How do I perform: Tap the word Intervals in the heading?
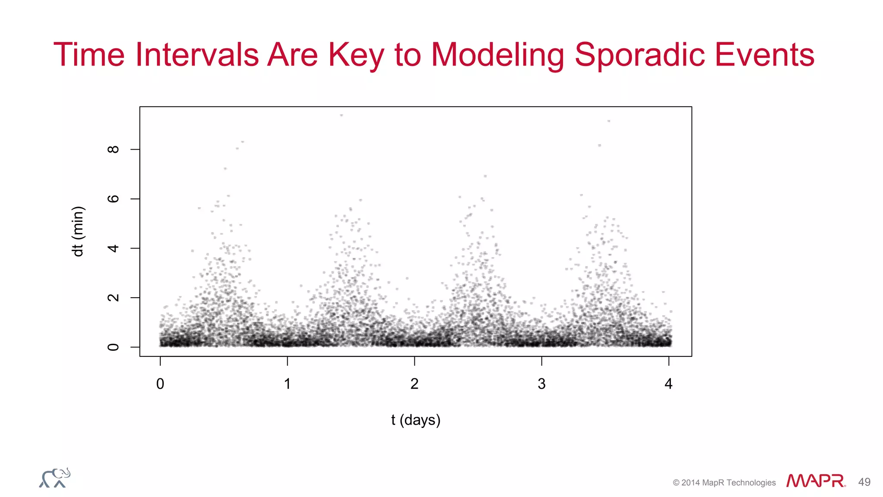coord(197,55)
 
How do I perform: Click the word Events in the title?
coord(764,55)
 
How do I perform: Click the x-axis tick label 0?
coord(160,384)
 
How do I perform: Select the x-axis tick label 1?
coord(287,384)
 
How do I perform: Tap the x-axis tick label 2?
coord(414,384)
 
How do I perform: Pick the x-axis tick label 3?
coord(542,384)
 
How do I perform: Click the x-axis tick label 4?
coord(668,384)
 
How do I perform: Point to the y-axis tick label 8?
coord(113,149)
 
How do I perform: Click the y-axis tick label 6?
coord(113,199)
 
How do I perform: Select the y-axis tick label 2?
coord(113,298)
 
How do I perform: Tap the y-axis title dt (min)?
coord(78,232)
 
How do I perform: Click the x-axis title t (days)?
coord(416,420)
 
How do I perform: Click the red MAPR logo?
coord(815,481)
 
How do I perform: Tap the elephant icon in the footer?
coord(55,478)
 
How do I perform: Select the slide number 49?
coord(864,482)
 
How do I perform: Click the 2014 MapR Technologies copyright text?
coord(724,483)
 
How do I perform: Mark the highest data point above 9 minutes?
coord(341,115)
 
